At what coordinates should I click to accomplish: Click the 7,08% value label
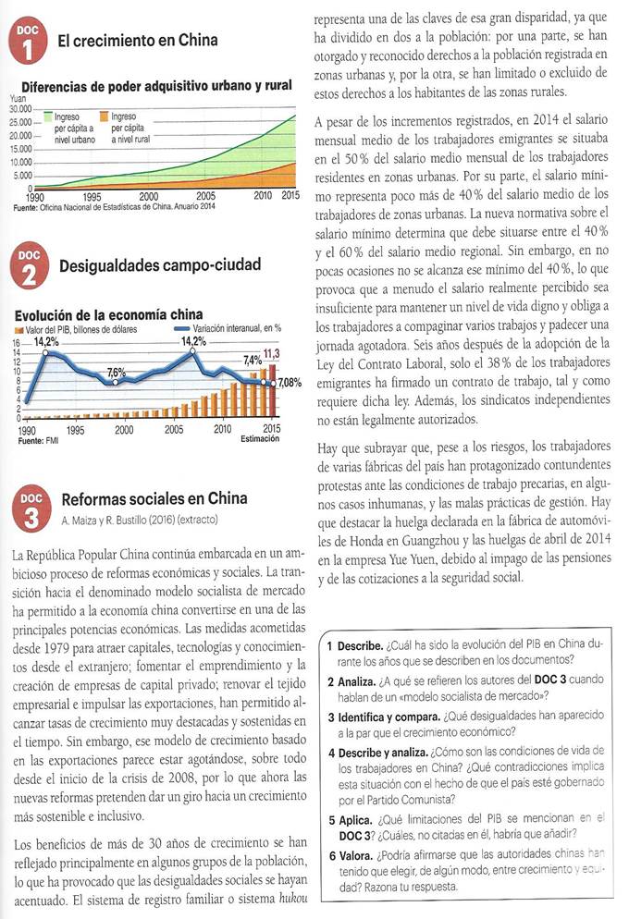(291, 382)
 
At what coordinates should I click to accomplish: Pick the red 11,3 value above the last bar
(272, 354)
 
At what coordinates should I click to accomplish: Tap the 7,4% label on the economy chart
(252, 359)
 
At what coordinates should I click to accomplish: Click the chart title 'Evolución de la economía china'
(109, 315)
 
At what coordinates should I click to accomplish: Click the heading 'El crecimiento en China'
(138, 40)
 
